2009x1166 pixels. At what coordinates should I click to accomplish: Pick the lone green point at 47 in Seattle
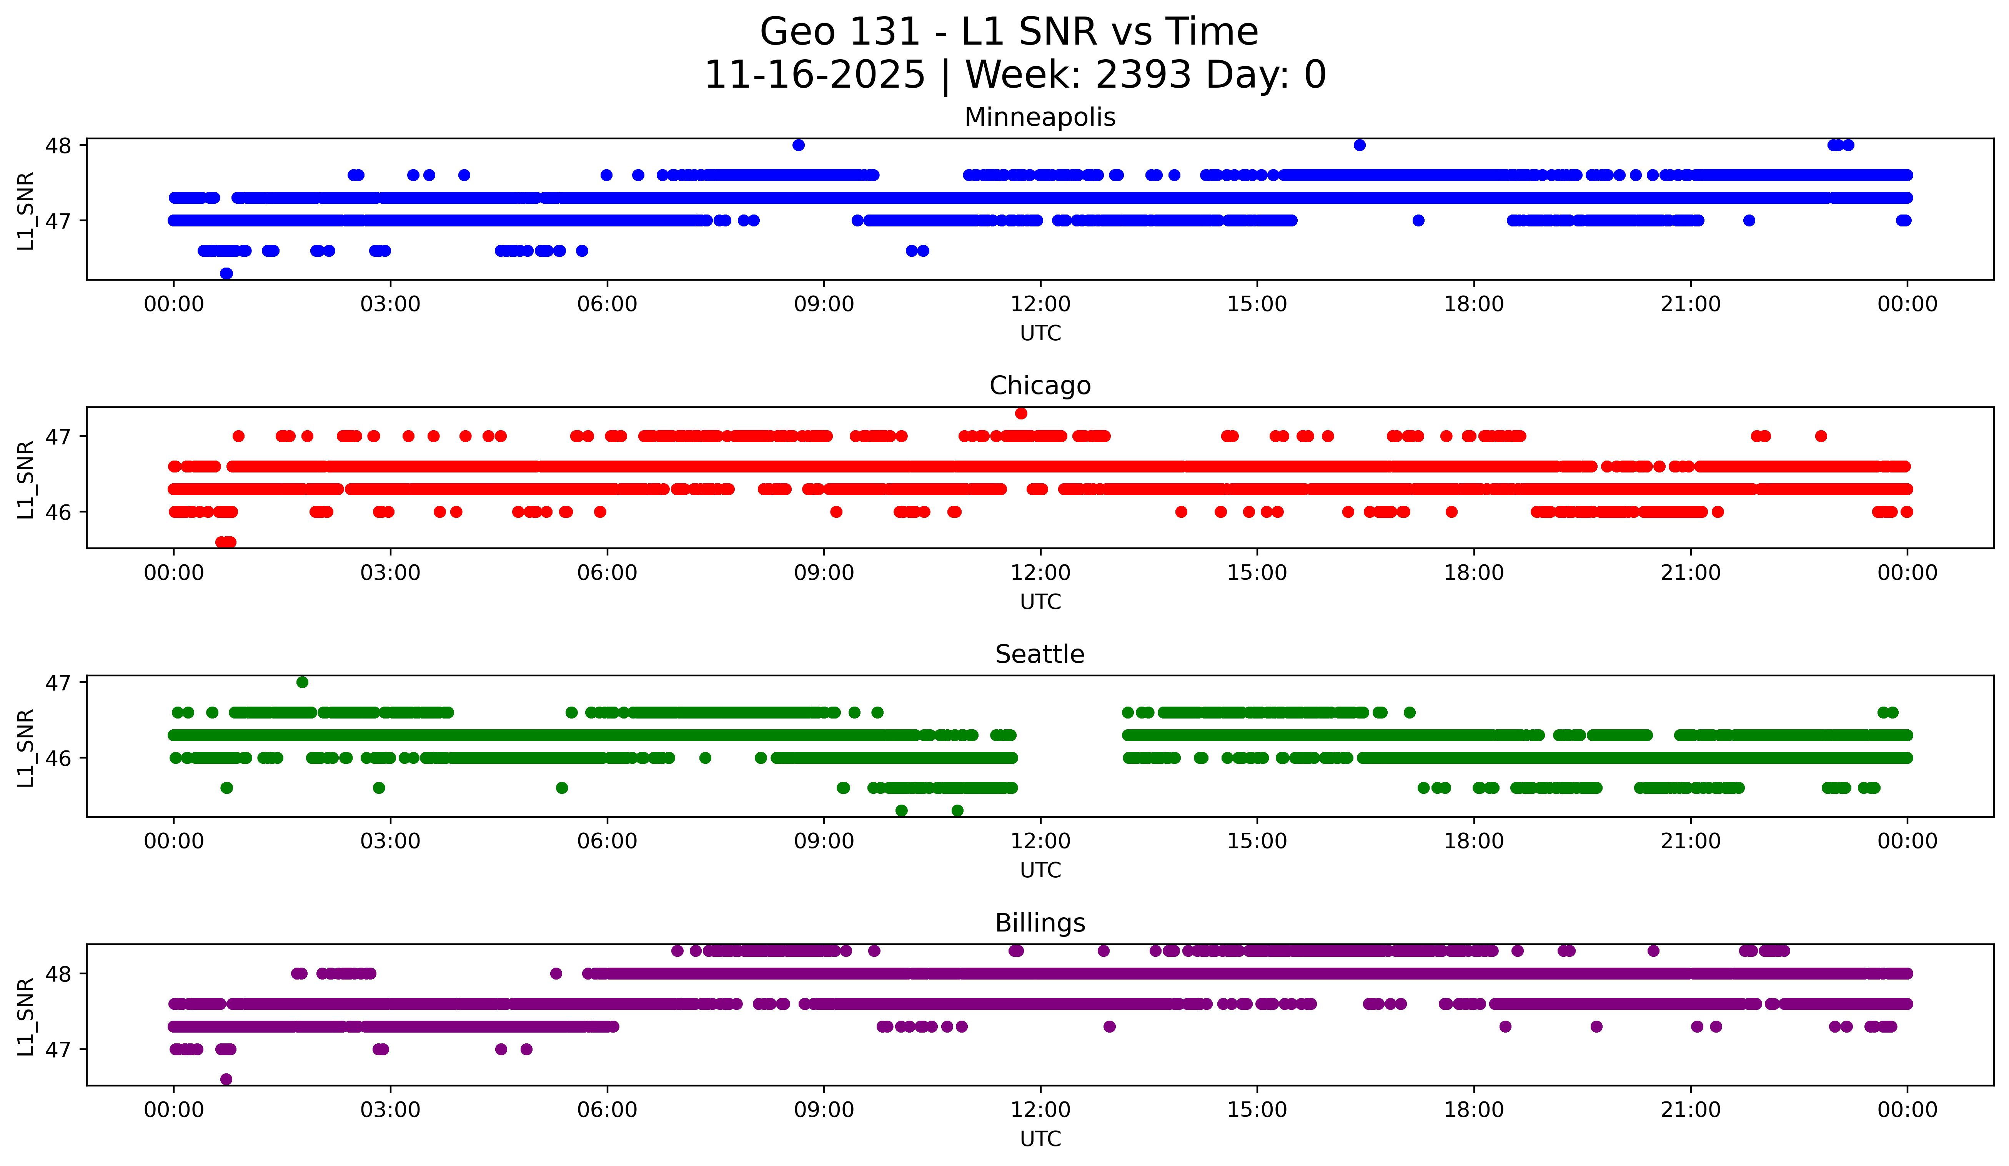pos(302,682)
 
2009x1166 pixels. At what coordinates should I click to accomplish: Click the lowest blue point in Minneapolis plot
pos(226,273)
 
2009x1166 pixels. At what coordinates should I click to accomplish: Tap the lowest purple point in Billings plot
pos(226,1079)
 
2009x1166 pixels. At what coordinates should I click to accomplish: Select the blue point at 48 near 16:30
pos(1360,145)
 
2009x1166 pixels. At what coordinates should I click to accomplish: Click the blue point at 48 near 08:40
pos(799,145)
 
